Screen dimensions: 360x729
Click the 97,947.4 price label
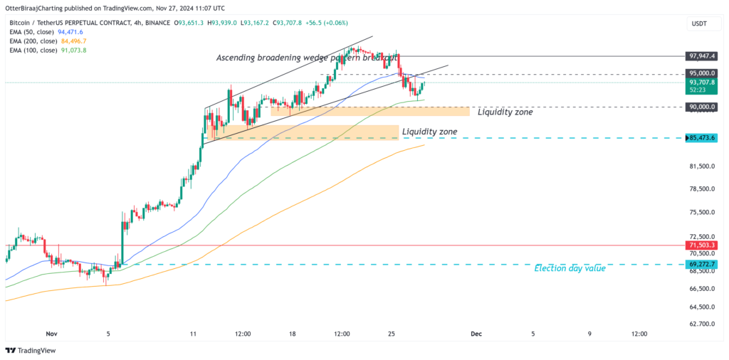(x=701, y=55)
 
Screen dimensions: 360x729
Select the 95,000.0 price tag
(x=701, y=73)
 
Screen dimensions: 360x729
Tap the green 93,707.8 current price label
(x=701, y=83)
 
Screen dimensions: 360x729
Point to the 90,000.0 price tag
(x=701, y=107)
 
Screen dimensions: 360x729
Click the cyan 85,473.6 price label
(x=701, y=137)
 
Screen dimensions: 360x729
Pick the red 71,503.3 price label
(x=701, y=245)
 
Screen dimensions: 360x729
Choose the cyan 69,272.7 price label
(x=701, y=264)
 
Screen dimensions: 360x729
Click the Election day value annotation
(x=570, y=269)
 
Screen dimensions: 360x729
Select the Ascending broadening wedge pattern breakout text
(x=307, y=58)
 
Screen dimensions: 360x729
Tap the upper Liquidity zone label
(x=505, y=112)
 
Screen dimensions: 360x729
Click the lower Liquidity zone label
(x=429, y=132)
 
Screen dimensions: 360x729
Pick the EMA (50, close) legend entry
(x=46, y=32)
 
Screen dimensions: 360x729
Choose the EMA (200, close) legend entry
(x=47, y=41)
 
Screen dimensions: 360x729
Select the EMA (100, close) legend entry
(x=48, y=51)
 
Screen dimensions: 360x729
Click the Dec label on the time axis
(x=476, y=333)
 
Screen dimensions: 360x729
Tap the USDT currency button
(x=700, y=23)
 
